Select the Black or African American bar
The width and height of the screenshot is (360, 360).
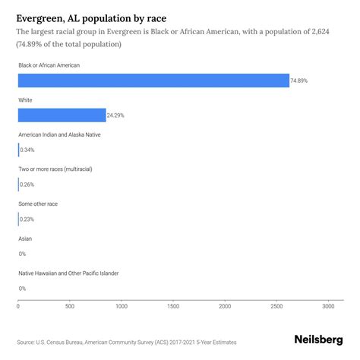pyautogui.click(x=153, y=81)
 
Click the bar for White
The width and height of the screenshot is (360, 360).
pyautogui.click(x=62, y=115)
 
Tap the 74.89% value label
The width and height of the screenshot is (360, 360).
pyautogui.click(x=301, y=81)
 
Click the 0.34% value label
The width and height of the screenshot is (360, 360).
pyautogui.click(x=27, y=150)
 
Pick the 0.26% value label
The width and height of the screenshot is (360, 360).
pyautogui.click(x=27, y=185)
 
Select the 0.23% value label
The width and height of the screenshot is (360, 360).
pyautogui.click(x=27, y=219)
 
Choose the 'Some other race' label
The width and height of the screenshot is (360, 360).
pyautogui.click(x=38, y=204)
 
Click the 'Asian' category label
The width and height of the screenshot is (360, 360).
pyautogui.click(x=25, y=238)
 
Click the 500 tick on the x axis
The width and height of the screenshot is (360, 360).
pyautogui.click(x=70, y=306)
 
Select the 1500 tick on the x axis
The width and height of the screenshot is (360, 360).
pyautogui.click(x=173, y=306)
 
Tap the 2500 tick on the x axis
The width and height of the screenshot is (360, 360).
pyautogui.click(x=276, y=306)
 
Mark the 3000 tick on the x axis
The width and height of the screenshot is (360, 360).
pyautogui.click(x=328, y=306)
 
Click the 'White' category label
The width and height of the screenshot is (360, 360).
pyautogui.click(x=26, y=99)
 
